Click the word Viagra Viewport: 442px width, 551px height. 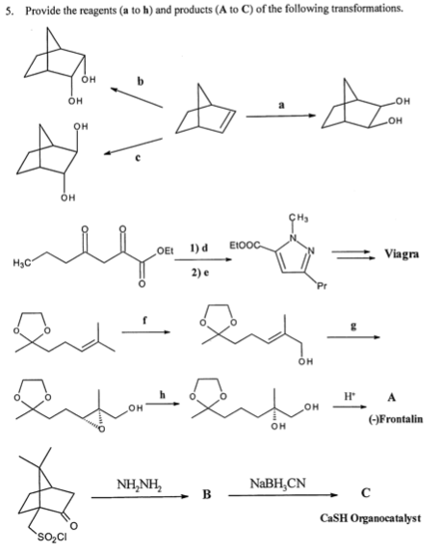click(x=402, y=254)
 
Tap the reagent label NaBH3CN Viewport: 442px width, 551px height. click(x=277, y=484)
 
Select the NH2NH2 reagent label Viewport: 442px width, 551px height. click(x=139, y=485)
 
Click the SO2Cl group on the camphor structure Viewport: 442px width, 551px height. click(x=52, y=538)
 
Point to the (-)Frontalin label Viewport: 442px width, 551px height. click(x=396, y=419)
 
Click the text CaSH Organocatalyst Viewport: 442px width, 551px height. click(x=371, y=518)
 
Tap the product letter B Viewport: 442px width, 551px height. click(x=207, y=495)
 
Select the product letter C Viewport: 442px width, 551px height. click(x=366, y=493)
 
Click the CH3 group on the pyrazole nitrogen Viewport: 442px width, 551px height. click(x=299, y=219)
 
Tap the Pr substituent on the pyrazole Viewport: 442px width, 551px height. click(x=322, y=286)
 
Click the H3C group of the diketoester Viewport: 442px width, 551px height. click(x=22, y=263)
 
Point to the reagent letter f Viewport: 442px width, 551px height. click(x=144, y=320)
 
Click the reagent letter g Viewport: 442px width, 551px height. click(x=353, y=327)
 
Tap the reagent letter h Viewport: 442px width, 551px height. click(x=163, y=395)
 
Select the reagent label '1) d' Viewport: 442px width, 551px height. click(x=199, y=249)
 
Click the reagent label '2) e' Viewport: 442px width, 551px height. click(x=200, y=273)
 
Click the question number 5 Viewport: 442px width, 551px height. click(x=9, y=12)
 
